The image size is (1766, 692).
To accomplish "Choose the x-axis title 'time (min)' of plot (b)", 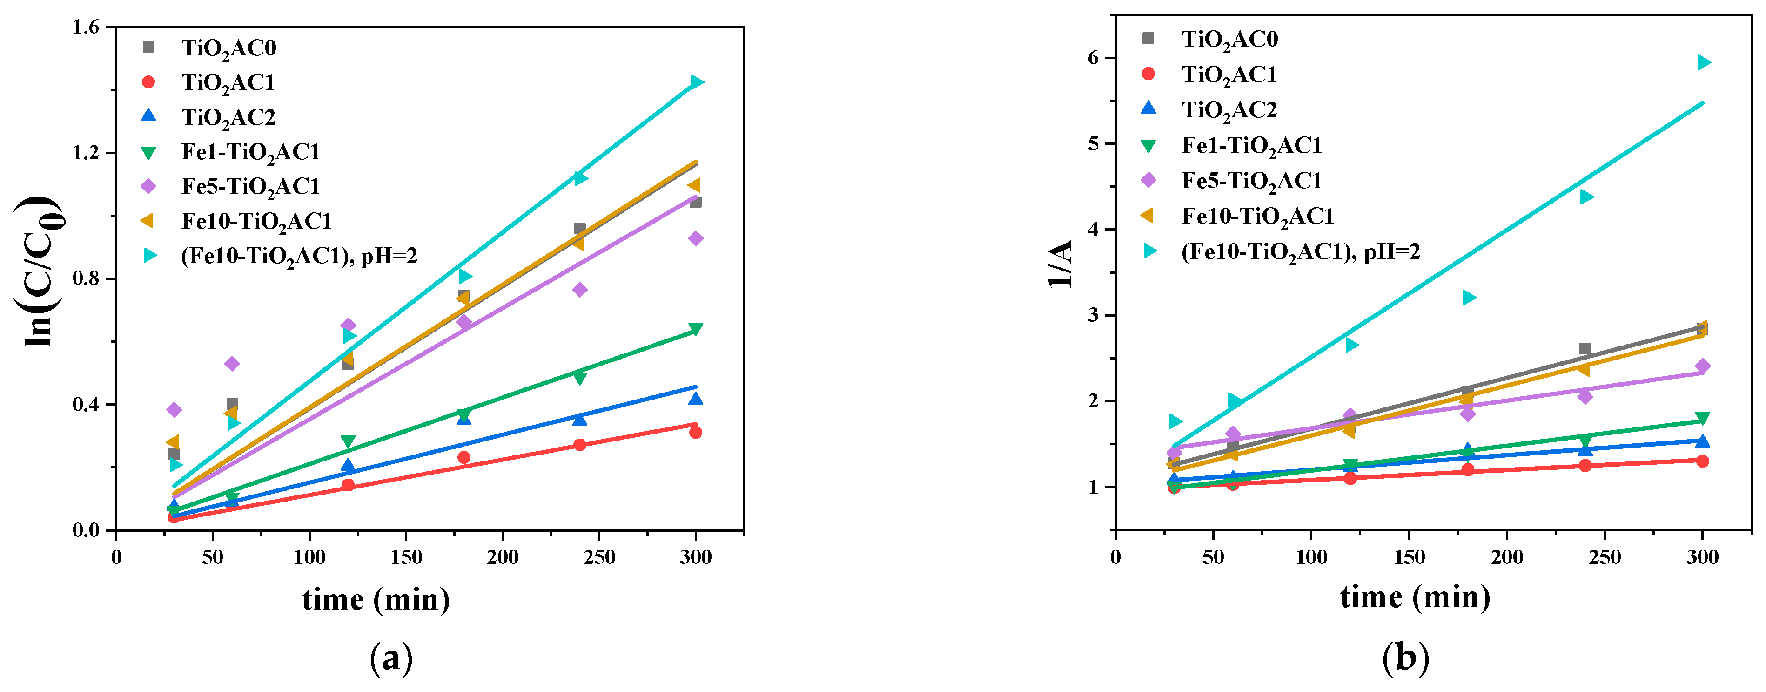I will click(1415, 597).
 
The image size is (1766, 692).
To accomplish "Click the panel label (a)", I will click(391, 659).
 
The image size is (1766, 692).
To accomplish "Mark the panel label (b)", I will click(1405, 659).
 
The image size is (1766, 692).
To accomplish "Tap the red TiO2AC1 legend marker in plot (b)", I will click(1148, 74).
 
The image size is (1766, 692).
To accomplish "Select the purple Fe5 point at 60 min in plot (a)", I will click(232, 364).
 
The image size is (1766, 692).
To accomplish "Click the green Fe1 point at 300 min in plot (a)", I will click(695, 329).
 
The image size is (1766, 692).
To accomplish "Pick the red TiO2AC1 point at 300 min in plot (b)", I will click(1702, 461).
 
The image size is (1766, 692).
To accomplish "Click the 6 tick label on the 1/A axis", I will click(1093, 58).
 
